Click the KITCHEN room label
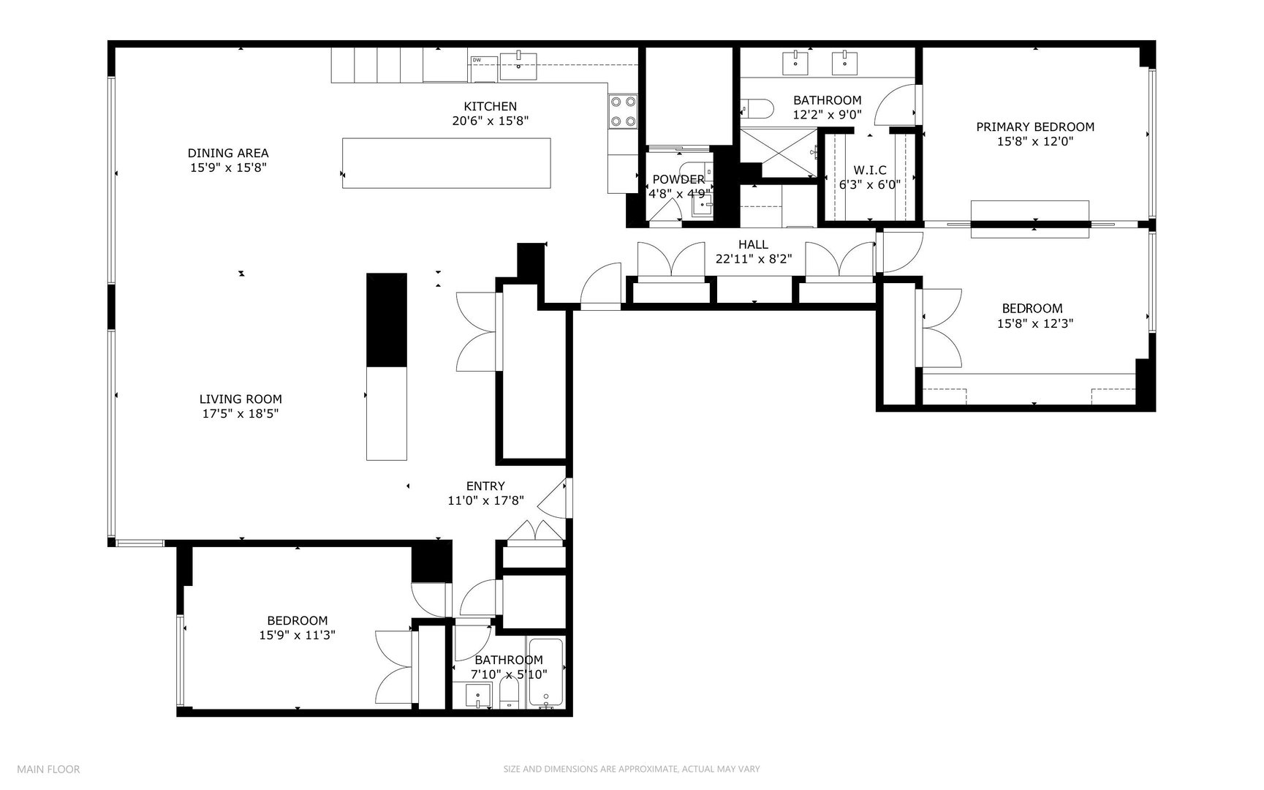[490, 107]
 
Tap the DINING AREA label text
[228, 153]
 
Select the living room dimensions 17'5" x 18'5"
[241, 414]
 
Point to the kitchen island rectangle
[446, 163]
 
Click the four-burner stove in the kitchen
[623, 112]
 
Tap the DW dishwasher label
[476, 60]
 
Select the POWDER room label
[678, 179]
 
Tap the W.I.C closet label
[869, 170]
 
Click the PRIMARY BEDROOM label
[1035, 127]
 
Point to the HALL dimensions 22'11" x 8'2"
[753, 259]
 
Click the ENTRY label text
[485, 486]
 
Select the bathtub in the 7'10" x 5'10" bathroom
[546, 674]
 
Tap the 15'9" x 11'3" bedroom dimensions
[297, 636]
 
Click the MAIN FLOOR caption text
[48, 769]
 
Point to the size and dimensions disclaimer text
[632, 769]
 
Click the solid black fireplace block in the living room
[386, 320]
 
